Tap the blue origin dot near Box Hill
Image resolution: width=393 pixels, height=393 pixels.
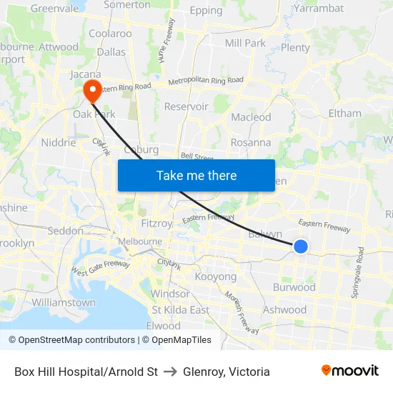301,247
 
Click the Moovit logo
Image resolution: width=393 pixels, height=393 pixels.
350,371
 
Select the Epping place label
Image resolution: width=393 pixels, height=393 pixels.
207,11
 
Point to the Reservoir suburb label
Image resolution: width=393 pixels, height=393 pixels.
186,106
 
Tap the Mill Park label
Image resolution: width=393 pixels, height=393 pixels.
245,43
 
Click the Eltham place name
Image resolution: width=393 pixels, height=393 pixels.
344,113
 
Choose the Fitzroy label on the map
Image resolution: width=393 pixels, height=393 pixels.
156,223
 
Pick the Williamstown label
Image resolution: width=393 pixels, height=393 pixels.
64,302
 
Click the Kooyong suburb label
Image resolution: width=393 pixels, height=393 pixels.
215,277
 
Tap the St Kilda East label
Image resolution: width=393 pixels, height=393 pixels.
180,310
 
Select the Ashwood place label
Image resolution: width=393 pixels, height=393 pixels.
284,309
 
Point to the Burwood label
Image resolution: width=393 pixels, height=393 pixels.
294,287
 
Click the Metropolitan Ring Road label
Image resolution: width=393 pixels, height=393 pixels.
206,81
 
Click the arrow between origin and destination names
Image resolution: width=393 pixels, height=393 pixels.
170,372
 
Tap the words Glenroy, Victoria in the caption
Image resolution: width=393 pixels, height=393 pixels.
227,372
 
